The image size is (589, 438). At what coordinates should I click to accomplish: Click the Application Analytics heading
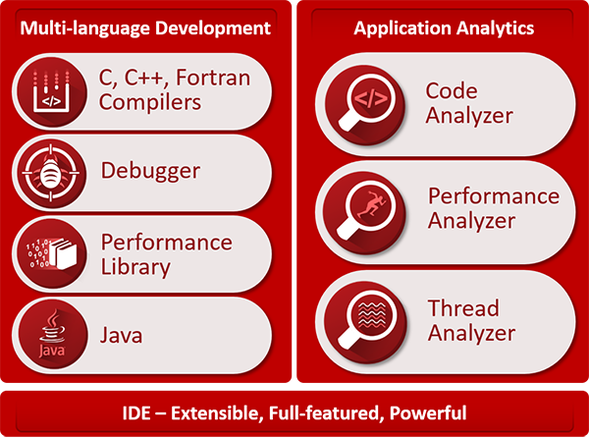click(x=445, y=27)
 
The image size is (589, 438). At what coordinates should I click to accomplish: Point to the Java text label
click(x=122, y=335)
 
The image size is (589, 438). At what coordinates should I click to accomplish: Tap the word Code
click(x=451, y=91)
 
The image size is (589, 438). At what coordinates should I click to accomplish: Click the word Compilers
click(x=151, y=102)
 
